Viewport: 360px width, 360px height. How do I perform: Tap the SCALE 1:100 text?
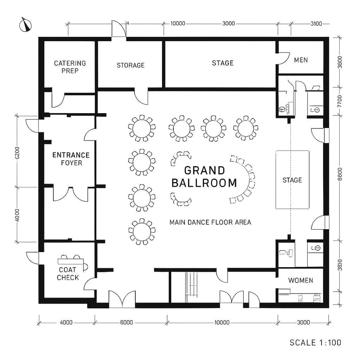pos(315,343)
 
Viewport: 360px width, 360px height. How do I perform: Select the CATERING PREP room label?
pos(70,67)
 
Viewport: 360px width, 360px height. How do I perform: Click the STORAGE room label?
pos(130,65)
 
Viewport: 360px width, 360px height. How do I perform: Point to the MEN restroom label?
pos(301,60)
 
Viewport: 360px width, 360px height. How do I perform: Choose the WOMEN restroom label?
pos(300,280)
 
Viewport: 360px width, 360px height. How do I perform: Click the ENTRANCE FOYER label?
pos(71,159)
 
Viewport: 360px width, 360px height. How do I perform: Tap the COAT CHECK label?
pos(68,274)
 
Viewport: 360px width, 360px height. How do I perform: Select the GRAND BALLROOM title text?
pos(204,177)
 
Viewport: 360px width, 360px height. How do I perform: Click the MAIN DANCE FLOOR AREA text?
pos(210,222)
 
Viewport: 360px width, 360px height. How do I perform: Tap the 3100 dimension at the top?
pos(316,24)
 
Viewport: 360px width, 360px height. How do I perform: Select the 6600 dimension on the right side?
pos(340,176)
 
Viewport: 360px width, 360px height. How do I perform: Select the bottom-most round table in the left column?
pos(142,231)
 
